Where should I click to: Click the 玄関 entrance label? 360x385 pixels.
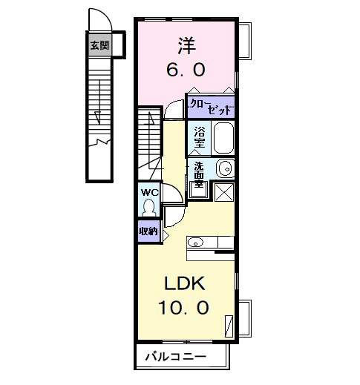click(99, 46)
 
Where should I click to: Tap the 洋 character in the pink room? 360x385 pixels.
click(186, 45)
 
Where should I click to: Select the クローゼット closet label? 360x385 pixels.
click(211, 106)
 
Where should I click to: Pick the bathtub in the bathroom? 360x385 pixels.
click(223, 137)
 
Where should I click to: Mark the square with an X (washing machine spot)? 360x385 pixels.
click(223, 191)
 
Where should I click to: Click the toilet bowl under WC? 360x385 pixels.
click(149, 207)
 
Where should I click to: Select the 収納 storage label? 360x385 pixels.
click(148, 231)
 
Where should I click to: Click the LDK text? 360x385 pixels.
click(185, 283)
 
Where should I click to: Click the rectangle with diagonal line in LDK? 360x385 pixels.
click(229, 324)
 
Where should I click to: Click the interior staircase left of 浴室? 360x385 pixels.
click(148, 141)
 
